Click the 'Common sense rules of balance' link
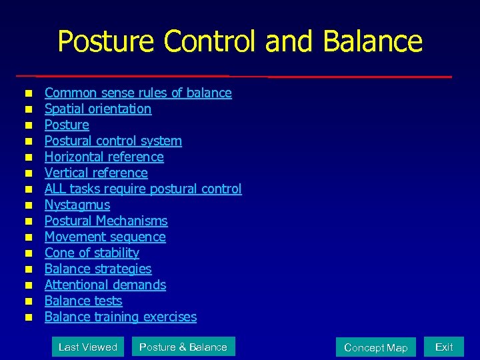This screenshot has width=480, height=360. pyautogui.click(x=138, y=93)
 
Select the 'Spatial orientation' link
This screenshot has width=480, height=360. pyautogui.click(x=98, y=109)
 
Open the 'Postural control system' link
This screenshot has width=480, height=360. pyautogui.click(x=113, y=141)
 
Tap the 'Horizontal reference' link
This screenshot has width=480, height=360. pyautogui.click(x=104, y=157)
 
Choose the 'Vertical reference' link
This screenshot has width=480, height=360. pyautogui.click(x=96, y=173)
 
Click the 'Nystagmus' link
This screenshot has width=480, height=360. pyautogui.click(x=77, y=205)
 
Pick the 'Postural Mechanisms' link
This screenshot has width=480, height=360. pyautogui.click(x=106, y=221)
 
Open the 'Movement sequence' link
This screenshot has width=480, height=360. pyautogui.click(x=105, y=237)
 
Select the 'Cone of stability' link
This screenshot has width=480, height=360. pyautogui.click(x=92, y=253)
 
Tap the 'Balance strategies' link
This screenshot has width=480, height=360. pyautogui.click(x=98, y=269)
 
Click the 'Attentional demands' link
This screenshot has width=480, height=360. pyautogui.click(x=105, y=285)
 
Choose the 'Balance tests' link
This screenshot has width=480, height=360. pyautogui.click(x=83, y=301)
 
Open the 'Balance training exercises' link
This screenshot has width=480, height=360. pyautogui.click(x=121, y=317)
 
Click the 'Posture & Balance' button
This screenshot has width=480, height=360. pyautogui.click(x=183, y=347)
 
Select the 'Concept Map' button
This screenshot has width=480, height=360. pyautogui.click(x=375, y=347)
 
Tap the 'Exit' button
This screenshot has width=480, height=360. pyautogui.click(x=444, y=347)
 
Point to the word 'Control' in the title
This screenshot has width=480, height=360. pyautogui.click(x=211, y=41)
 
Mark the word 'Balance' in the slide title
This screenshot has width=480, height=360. pyautogui.click(x=373, y=41)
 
